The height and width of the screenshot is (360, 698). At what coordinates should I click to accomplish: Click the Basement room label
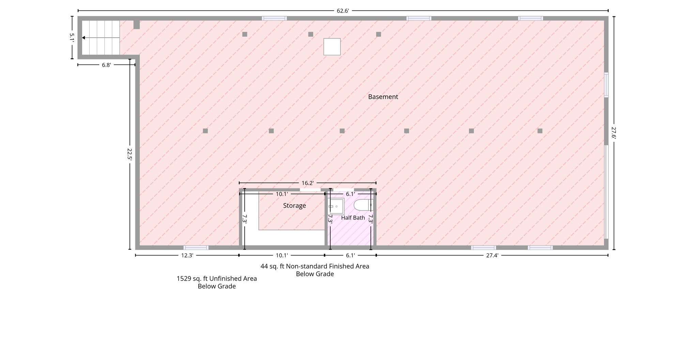click(x=383, y=97)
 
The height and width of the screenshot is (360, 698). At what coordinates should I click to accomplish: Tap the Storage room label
click(x=294, y=206)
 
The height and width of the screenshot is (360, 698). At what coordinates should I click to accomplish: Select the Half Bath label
click(x=353, y=218)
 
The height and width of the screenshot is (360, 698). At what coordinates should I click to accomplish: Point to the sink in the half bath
click(x=336, y=206)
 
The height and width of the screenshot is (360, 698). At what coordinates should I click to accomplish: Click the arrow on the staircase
click(x=101, y=38)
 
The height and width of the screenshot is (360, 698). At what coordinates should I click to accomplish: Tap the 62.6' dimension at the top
click(x=343, y=11)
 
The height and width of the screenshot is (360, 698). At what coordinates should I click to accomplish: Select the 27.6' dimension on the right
click(x=614, y=132)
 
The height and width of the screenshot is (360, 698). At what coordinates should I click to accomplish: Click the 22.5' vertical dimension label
click(x=130, y=154)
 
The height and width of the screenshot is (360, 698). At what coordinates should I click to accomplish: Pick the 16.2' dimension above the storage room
click(x=307, y=183)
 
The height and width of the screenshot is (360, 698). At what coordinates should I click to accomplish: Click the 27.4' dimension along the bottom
click(x=492, y=255)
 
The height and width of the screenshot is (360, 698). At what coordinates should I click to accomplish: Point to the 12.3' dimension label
click(x=187, y=255)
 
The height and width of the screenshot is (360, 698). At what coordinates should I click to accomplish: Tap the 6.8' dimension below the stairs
click(x=106, y=65)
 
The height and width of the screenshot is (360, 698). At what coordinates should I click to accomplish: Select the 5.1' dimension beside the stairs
click(x=72, y=37)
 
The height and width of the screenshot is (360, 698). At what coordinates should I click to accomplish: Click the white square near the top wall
click(x=332, y=47)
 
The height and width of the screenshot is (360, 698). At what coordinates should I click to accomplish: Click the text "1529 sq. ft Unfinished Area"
click(x=217, y=279)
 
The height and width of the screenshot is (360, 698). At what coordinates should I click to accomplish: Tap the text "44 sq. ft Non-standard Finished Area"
click(x=315, y=266)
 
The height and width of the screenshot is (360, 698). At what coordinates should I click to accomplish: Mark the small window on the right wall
click(x=606, y=85)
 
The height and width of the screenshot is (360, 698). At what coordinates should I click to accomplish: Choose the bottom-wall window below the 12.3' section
click(x=196, y=248)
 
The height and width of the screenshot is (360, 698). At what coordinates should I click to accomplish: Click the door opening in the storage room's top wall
click(x=310, y=190)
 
